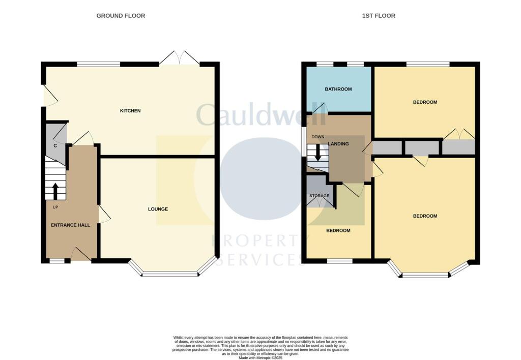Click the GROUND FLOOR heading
tap(121, 16)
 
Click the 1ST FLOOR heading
tap(379, 16)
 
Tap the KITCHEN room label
tap(130, 111)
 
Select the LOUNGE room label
tap(158, 209)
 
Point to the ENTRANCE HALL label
tap(70, 225)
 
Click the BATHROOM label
tap(338, 89)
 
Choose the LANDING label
tap(339, 144)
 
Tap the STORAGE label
tap(320, 196)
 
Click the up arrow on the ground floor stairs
tap(55, 191)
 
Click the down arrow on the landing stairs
tap(318, 153)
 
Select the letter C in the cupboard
tap(55, 146)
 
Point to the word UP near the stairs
tap(55, 207)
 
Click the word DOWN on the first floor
tap(318, 137)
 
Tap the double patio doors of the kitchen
tap(179, 57)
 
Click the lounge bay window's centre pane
tap(169, 274)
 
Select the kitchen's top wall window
tap(98, 64)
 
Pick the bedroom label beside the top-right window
tap(425, 102)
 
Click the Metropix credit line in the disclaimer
tap(260, 357)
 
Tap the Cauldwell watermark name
tap(260, 115)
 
